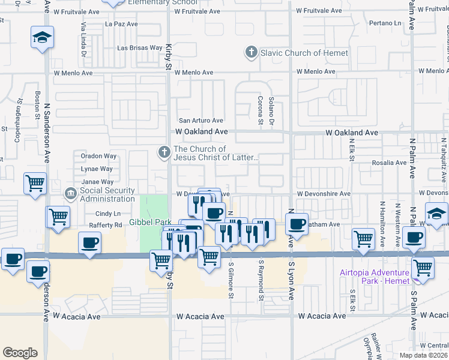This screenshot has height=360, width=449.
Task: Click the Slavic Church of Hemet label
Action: (304, 53)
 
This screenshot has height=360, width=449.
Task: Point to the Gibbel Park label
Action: (151, 222)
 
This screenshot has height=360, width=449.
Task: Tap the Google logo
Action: (20, 352)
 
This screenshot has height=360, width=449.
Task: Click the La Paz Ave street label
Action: (121, 24)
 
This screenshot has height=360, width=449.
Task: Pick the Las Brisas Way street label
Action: (139, 47)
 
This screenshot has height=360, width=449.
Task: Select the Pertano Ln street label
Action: (385, 23)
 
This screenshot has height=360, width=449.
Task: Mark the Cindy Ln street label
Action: (108, 214)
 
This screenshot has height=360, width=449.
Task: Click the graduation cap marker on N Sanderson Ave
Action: (43, 38)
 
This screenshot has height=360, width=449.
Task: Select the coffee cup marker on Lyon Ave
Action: (297, 224)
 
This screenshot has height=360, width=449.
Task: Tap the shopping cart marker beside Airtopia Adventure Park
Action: (423, 267)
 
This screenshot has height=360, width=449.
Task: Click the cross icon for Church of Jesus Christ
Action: (163, 152)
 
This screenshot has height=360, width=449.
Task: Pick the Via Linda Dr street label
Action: (84, 38)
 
